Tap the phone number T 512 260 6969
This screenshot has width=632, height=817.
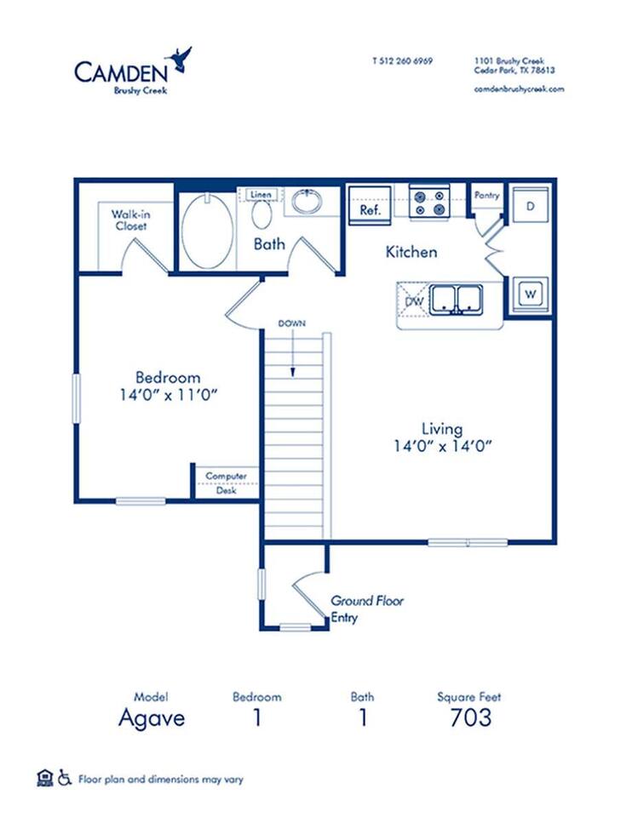402,61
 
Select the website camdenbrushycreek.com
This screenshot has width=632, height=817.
519,89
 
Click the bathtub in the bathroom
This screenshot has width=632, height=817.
207,231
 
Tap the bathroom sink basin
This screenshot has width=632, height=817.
305,203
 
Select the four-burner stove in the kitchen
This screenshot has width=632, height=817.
428,202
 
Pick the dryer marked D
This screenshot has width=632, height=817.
529,206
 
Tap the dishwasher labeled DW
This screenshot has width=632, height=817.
414,301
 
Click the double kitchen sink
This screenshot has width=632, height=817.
456,299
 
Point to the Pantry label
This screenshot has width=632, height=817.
487,196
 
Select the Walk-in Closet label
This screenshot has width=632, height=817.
129,220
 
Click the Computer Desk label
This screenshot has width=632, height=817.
226,483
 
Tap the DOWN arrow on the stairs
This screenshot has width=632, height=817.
292,349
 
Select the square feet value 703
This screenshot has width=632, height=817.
470,717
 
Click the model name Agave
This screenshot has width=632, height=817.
151,717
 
